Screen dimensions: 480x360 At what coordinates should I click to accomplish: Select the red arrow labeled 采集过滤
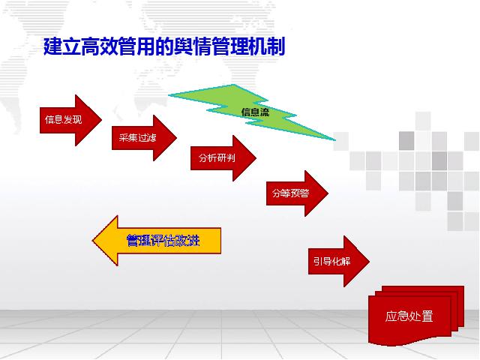(144, 138)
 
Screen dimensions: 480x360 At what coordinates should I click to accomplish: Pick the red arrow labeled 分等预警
(297, 193)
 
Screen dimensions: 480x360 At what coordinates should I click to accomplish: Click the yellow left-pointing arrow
(157, 241)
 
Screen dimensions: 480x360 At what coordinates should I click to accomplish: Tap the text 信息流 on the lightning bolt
(255, 112)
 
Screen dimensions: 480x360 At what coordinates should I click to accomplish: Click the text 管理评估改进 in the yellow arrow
(163, 241)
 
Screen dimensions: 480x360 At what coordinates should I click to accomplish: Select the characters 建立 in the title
(61, 46)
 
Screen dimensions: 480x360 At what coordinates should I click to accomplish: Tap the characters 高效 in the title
(99, 46)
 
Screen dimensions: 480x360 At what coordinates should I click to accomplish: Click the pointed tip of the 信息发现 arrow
(102, 120)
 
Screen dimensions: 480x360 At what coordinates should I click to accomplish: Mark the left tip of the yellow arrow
(92, 241)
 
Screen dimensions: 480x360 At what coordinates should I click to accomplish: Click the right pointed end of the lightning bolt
(335, 140)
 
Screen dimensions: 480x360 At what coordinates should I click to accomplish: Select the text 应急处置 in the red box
(409, 316)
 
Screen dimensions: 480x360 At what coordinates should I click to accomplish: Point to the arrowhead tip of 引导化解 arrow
(370, 261)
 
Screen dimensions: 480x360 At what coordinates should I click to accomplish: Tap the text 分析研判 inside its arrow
(217, 158)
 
